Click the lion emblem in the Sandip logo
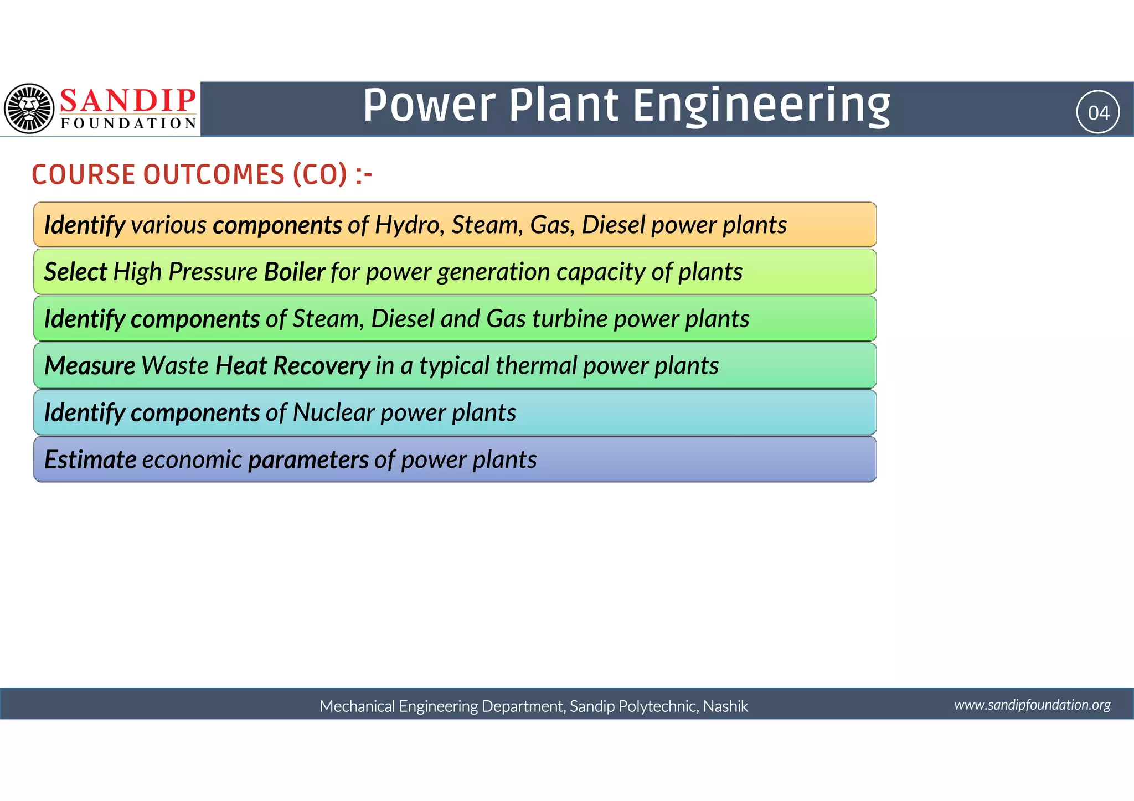point(29,108)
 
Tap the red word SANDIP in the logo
point(128,100)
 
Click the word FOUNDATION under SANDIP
point(128,123)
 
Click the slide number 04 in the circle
point(1098,112)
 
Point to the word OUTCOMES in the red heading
point(213,175)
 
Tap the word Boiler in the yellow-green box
point(294,272)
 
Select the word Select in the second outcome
point(75,272)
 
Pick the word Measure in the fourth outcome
point(90,366)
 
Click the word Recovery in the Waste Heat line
point(321,366)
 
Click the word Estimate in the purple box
point(90,460)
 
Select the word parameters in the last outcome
point(308,460)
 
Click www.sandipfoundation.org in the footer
point(1032,705)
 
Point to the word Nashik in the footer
point(725,706)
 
